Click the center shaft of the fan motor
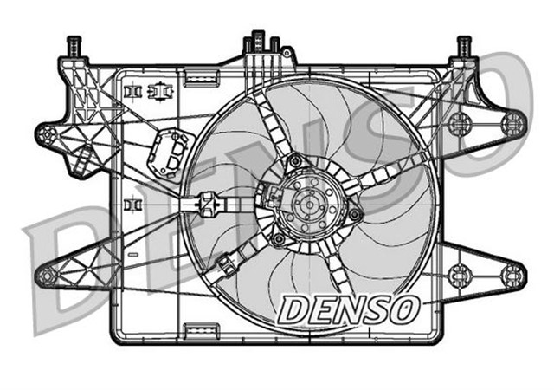click(x=307, y=205)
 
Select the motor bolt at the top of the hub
click(x=296, y=160)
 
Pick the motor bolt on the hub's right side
click(x=354, y=214)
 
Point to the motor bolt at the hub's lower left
click(x=277, y=238)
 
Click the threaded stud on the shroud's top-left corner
click(x=74, y=45)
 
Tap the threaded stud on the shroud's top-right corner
click(x=464, y=45)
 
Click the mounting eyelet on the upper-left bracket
click(x=48, y=135)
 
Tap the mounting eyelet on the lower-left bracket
click(x=48, y=276)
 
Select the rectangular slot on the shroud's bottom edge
click(x=201, y=329)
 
